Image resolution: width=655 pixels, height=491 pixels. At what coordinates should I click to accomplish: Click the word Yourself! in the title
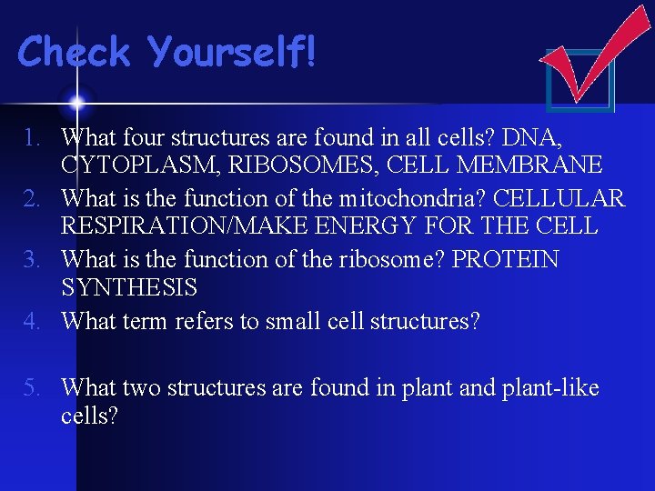(x=233, y=53)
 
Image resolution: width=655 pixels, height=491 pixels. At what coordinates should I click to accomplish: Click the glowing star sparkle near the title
(x=76, y=101)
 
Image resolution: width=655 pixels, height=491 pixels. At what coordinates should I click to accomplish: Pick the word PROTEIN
(x=506, y=260)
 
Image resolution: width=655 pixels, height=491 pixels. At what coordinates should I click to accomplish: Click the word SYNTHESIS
(x=129, y=287)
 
